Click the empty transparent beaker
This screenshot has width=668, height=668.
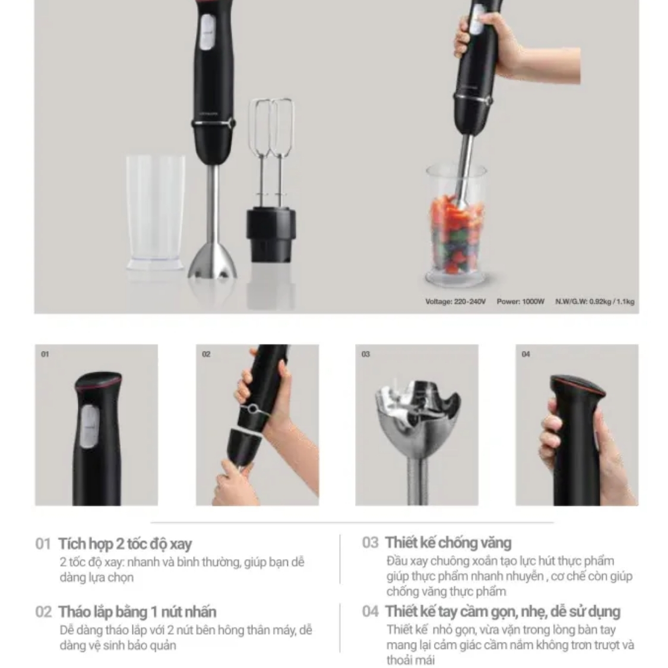pos(156,213)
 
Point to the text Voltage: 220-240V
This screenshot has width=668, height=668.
pos(455,302)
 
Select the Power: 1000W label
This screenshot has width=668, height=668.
pos(521,302)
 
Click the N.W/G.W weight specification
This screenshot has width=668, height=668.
pos(595,302)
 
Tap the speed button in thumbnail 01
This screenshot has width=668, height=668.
pos(89,426)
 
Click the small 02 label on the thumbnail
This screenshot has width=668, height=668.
pos(206,354)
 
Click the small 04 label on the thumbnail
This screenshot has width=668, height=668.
pos(525,354)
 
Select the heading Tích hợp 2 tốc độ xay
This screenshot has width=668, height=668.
pos(125,544)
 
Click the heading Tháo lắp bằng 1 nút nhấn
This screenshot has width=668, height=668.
pos(137,612)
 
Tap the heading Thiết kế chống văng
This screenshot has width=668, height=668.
pos(448,543)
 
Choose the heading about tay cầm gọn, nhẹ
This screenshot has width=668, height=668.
pos(503,612)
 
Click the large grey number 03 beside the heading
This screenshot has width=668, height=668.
pos(370,543)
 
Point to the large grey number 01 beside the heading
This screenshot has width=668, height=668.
pos(43,544)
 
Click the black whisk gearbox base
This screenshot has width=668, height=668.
pos(271,235)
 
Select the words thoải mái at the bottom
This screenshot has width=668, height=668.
pos(411,660)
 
